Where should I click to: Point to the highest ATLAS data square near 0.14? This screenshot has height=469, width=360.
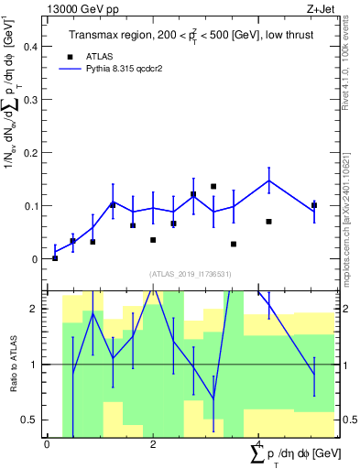click(213, 186)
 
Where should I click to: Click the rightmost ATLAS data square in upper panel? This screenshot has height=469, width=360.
click(314, 205)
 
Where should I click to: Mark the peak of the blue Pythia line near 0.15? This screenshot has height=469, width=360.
click(269, 180)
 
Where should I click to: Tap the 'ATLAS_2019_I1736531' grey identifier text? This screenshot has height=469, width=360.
click(191, 274)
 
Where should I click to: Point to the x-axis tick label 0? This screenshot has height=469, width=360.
click(47, 444)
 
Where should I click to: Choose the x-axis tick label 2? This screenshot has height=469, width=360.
click(153, 444)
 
